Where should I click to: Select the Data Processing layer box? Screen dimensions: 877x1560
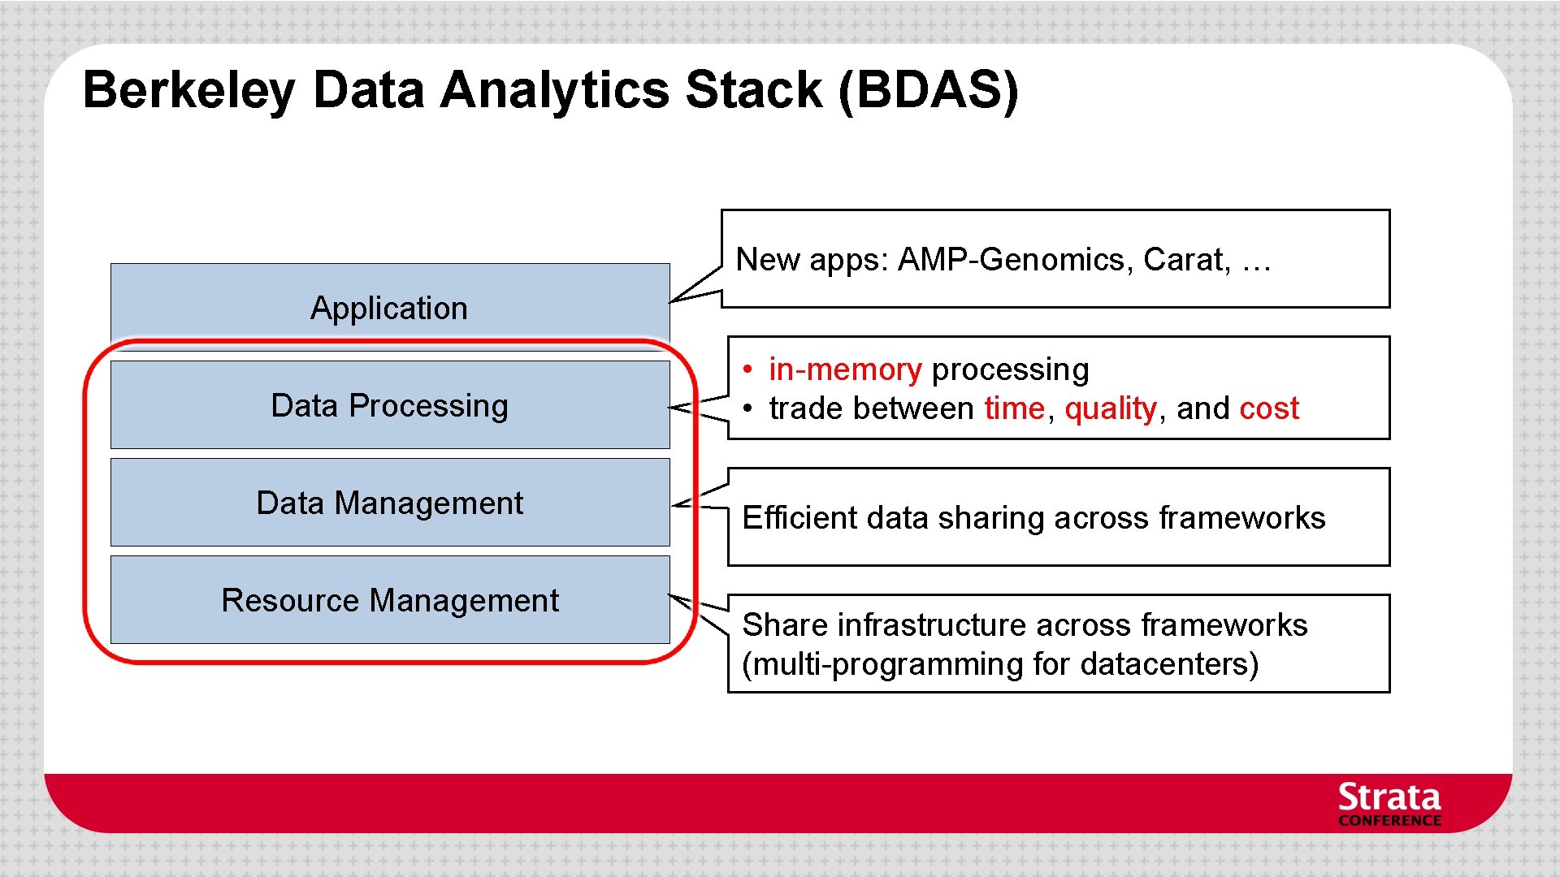pos(390,404)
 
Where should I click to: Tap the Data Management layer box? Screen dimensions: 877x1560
pos(390,502)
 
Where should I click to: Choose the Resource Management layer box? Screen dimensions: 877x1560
pos(390,599)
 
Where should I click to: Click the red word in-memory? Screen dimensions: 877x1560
pos(845,370)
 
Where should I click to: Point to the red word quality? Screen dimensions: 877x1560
pos(1110,408)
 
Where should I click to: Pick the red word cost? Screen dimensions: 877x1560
pos(1268,408)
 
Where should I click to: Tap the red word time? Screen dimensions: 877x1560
pos(1014,408)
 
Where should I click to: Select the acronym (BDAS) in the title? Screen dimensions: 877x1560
pos(928,89)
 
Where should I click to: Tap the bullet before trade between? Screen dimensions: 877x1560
pos(747,408)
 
